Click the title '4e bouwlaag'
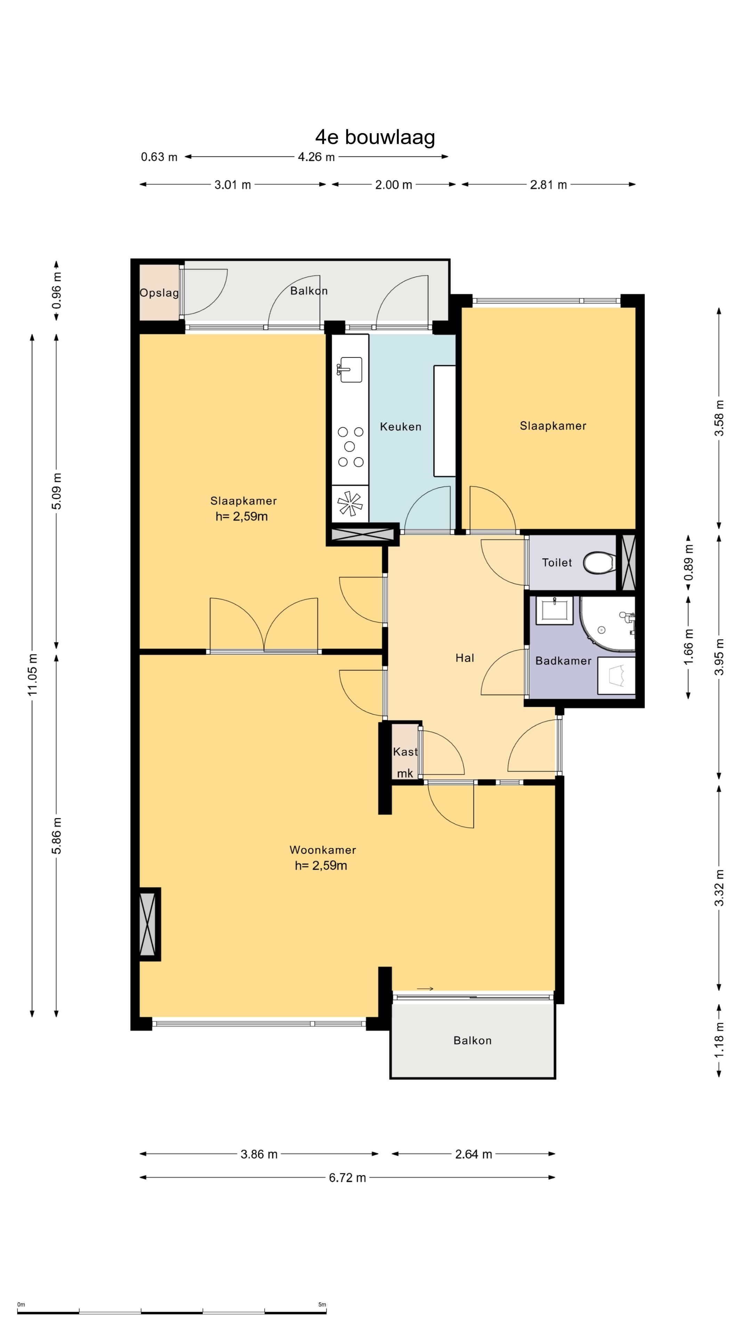(x=375, y=137)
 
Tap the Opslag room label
(x=159, y=293)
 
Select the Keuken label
(x=401, y=427)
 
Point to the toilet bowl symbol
(x=599, y=562)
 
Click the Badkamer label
(x=563, y=661)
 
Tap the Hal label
(x=465, y=658)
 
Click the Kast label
(x=405, y=751)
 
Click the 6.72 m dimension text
(x=347, y=1178)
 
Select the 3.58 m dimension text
(x=719, y=418)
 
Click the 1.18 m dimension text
(x=719, y=1041)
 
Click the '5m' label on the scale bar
(x=322, y=1304)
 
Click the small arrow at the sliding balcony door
(x=425, y=989)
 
